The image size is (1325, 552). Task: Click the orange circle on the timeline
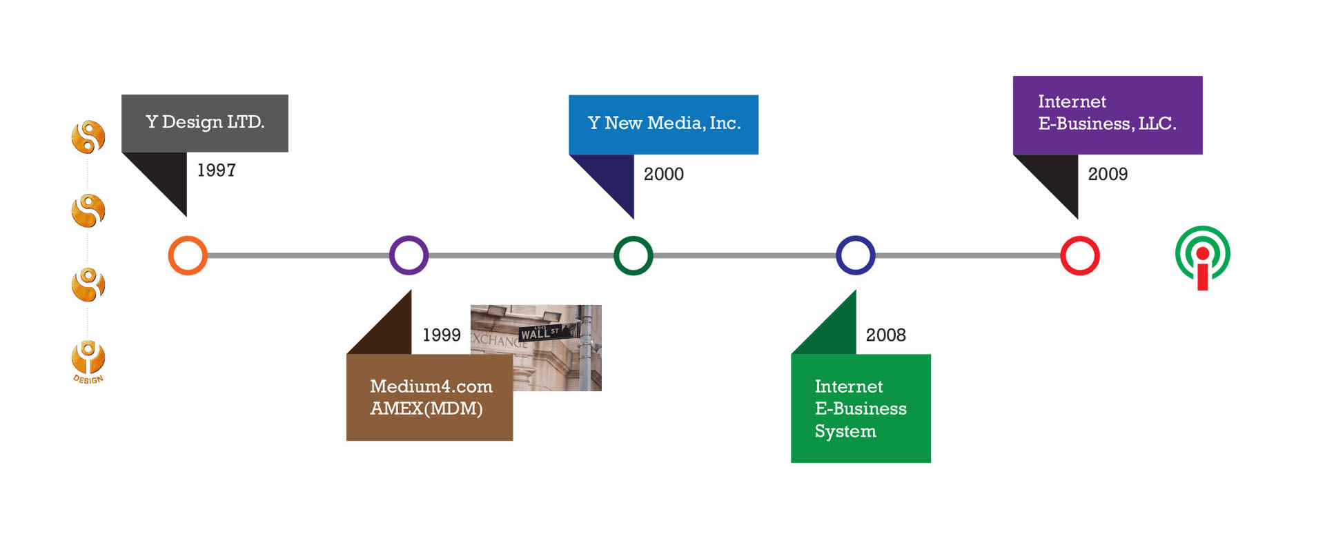188,255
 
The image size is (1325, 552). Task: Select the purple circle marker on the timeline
409,255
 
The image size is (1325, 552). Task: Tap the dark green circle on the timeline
633,255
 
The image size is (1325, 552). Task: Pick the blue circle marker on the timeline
856,255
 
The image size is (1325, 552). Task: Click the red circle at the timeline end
1079,255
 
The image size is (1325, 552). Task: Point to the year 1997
216,170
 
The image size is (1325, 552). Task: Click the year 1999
441,335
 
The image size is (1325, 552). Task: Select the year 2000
663,175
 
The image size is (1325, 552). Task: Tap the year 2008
885,335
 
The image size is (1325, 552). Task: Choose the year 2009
1108,175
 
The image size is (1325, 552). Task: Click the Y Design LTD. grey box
205,123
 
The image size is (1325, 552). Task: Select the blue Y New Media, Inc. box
663,124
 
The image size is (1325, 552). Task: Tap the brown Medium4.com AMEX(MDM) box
429,397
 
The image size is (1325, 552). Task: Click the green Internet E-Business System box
861,408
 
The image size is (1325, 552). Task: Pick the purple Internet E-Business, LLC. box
1107,115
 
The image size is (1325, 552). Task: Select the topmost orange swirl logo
88,137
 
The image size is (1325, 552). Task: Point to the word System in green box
845,431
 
